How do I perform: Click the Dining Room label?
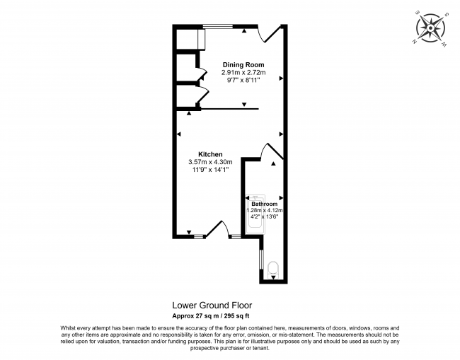point(243,64)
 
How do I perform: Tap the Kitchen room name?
point(210,154)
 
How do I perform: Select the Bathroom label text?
point(265,204)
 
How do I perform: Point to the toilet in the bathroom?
point(274,267)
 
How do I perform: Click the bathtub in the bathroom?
point(253,216)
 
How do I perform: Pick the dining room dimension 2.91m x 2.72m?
point(243,73)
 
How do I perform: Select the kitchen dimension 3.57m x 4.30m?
point(210,162)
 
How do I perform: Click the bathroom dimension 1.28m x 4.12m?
point(265,210)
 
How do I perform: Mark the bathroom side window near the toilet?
point(261,263)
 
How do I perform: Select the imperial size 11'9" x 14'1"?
point(210,170)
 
